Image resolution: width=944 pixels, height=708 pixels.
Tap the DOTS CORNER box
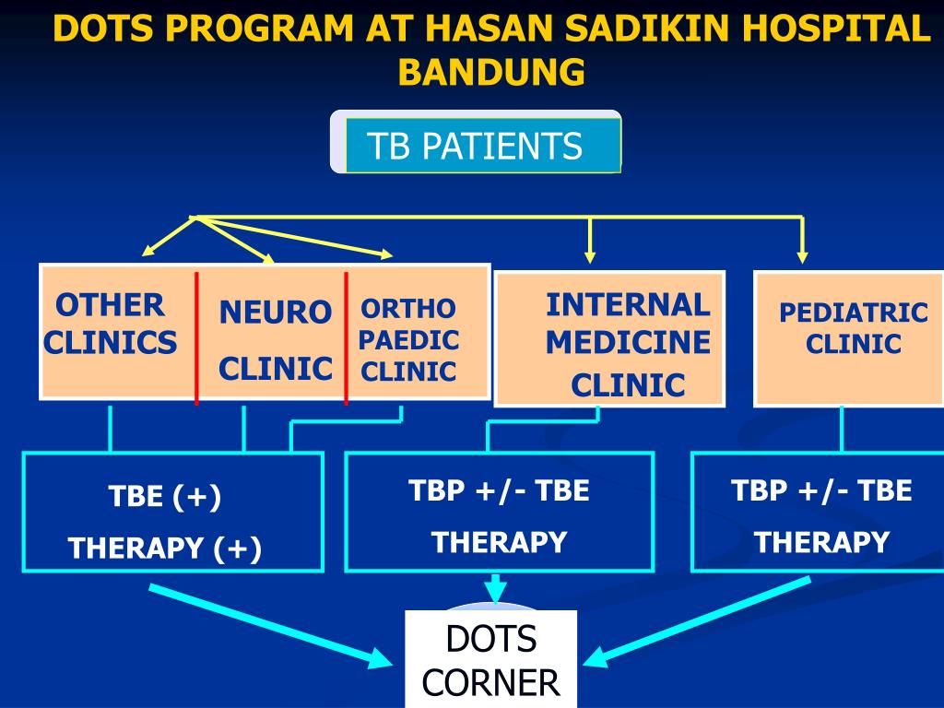pyautogui.click(x=490, y=659)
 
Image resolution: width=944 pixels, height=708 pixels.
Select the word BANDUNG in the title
pyautogui.click(x=491, y=72)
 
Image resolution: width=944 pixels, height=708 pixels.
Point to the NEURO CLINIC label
pyautogui.click(x=275, y=340)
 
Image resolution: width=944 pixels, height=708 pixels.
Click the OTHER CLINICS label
pyautogui.click(x=111, y=324)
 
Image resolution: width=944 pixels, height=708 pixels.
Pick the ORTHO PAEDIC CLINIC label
pyautogui.click(x=408, y=340)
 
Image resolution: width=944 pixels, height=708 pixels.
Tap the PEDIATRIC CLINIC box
pyautogui.click(x=849, y=338)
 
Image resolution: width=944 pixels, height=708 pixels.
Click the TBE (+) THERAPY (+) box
pyautogui.click(x=172, y=512)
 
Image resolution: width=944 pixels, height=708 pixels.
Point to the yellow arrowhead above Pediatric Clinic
pyautogui.click(x=802, y=256)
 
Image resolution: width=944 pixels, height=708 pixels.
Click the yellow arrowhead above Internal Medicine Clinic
pyautogui.click(x=590, y=256)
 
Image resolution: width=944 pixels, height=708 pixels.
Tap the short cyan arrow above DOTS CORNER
pyautogui.click(x=496, y=587)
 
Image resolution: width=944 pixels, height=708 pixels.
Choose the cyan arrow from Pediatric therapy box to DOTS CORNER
pyautogui.click(x=701, y=618)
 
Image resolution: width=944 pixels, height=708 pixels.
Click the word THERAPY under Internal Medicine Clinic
pyautogui.click(x=499, y=542)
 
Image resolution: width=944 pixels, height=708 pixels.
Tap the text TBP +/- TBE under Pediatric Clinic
pyautogui.click(x=821, y=490)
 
